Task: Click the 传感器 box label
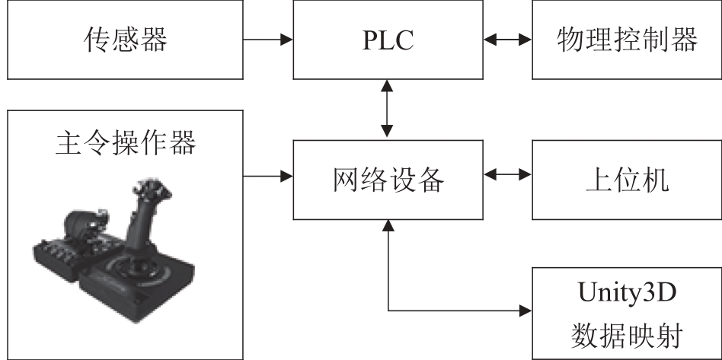(125, 39)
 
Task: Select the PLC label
(388, 40)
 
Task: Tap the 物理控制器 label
(627, 39)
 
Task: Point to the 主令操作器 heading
(125, 142)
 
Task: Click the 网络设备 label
(388, 180)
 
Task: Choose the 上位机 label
(627, 180)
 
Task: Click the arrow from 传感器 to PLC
(268, 40)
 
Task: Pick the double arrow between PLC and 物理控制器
(507, 40)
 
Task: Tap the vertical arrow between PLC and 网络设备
(388, 109)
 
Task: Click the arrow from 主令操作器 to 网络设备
(268, 175)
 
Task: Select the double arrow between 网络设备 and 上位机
(507, 174)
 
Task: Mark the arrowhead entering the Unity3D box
(526, 311)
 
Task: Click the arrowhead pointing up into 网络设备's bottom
(388, 225)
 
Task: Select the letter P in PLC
(370, 40)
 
